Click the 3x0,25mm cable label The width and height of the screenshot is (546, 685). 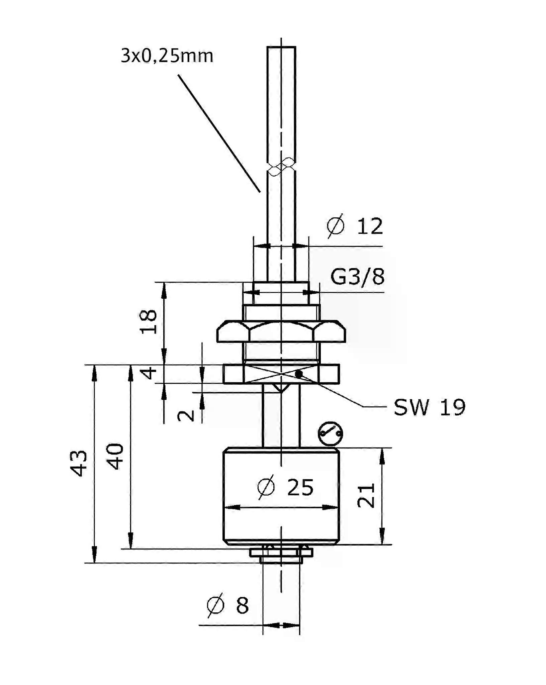click(x=167, y=56)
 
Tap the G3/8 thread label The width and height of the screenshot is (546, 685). click(x=357, y=277)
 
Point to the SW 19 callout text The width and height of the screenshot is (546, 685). click(x=430, y=407)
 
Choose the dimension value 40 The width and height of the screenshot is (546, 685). click(x=115, y=457)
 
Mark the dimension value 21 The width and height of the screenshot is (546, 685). click(x=366, y=496)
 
